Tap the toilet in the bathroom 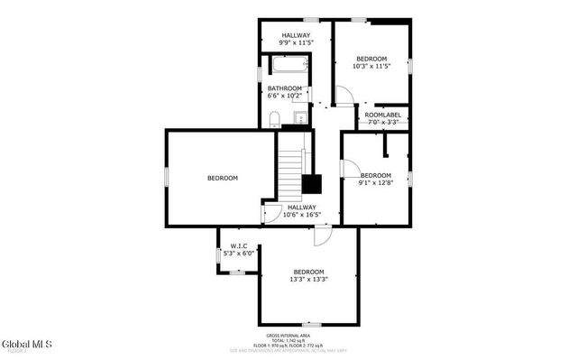[275, 118]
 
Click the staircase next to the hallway [290, 176]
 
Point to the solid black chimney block [312, 183]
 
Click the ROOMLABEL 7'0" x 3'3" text [382, 118]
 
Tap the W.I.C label [239, 245]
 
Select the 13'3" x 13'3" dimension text [308, 279]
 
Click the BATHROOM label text [284, 88]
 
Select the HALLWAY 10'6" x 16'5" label [301, 210]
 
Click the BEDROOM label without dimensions [223, 178]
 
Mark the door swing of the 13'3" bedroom [321, 235]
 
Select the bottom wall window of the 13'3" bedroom [312, 324]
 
